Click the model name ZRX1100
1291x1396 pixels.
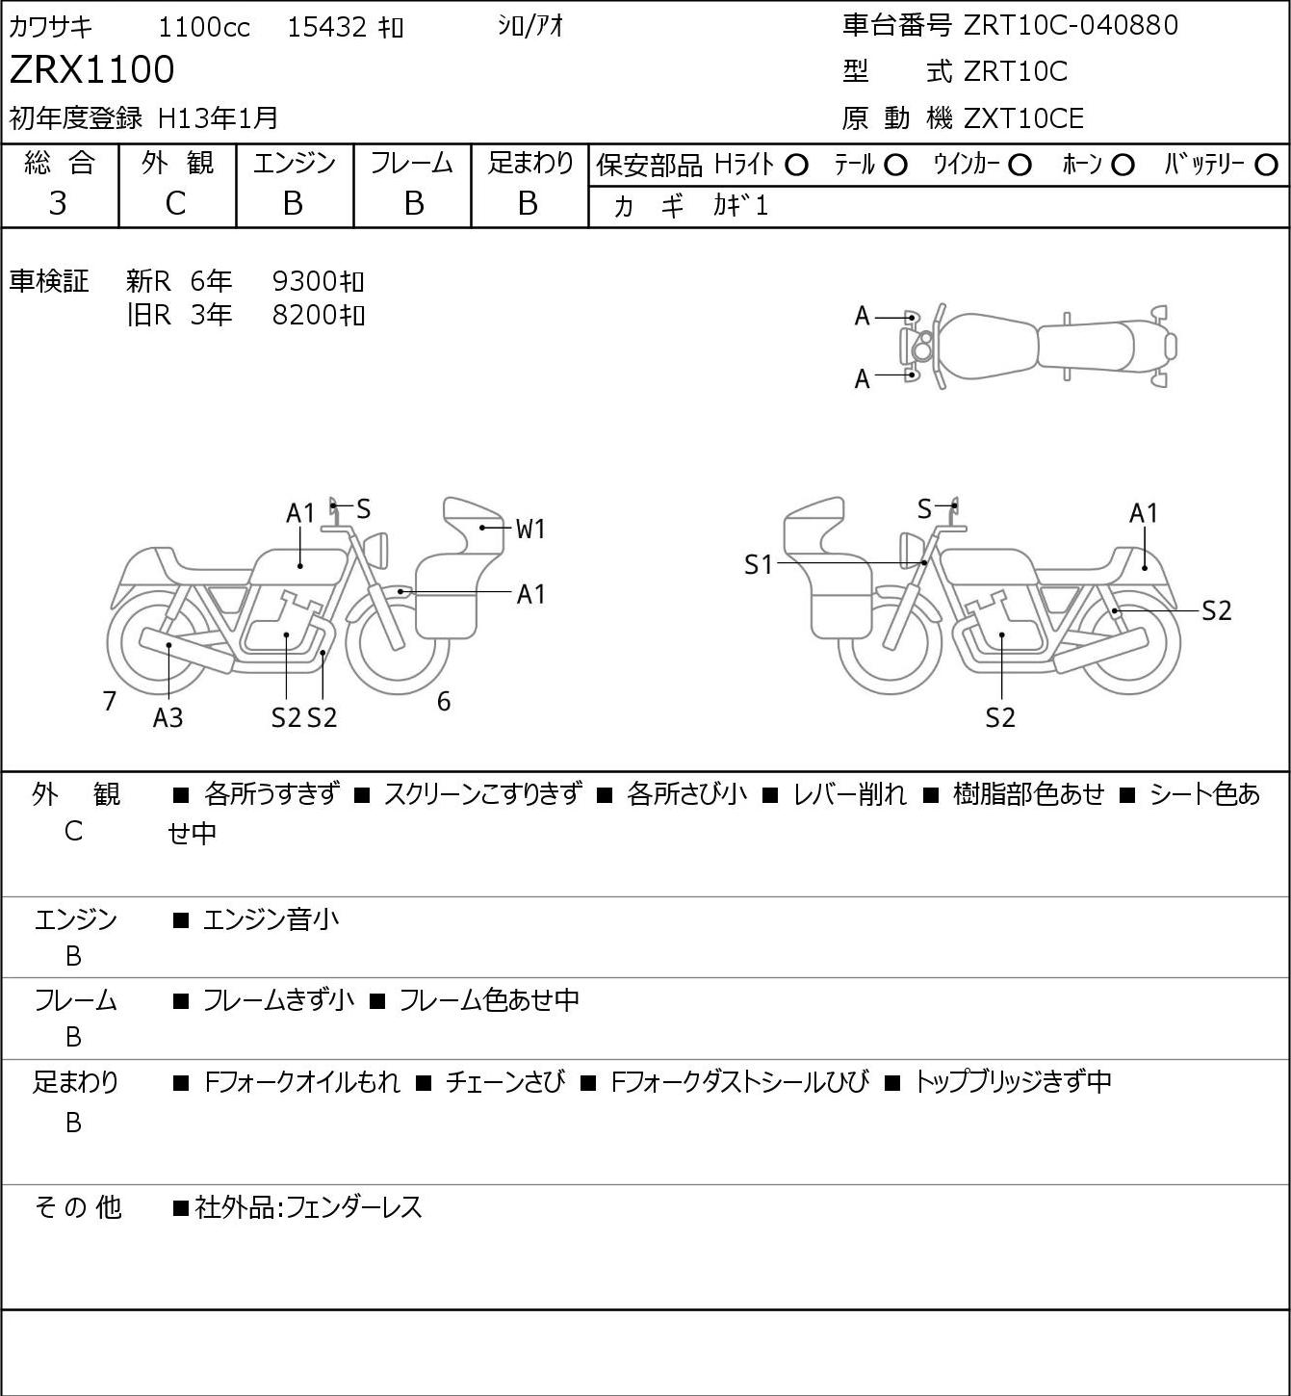tap(92, 69)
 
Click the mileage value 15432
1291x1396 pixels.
tap(327, 27)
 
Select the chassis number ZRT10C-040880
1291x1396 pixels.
tap(1071, 25)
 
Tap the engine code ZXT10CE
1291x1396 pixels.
tap(1023, 118)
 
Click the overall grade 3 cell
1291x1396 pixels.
tap(58, 204)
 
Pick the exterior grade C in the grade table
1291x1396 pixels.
tap(175, 204)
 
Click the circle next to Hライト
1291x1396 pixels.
tap(796, 166)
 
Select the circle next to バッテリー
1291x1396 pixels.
tap(1266, 166)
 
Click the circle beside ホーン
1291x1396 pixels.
tap(1123, 166)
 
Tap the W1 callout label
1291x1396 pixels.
tap(530, 529)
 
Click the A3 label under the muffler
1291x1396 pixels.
tap(168, 717)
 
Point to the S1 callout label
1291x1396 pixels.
tap(759, 564)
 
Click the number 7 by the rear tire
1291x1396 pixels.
tap(109, 701)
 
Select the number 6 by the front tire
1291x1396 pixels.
tap(444, 701)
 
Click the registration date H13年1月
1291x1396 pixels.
tap(218, 118)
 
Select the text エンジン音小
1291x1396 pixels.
tap(271, 919)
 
